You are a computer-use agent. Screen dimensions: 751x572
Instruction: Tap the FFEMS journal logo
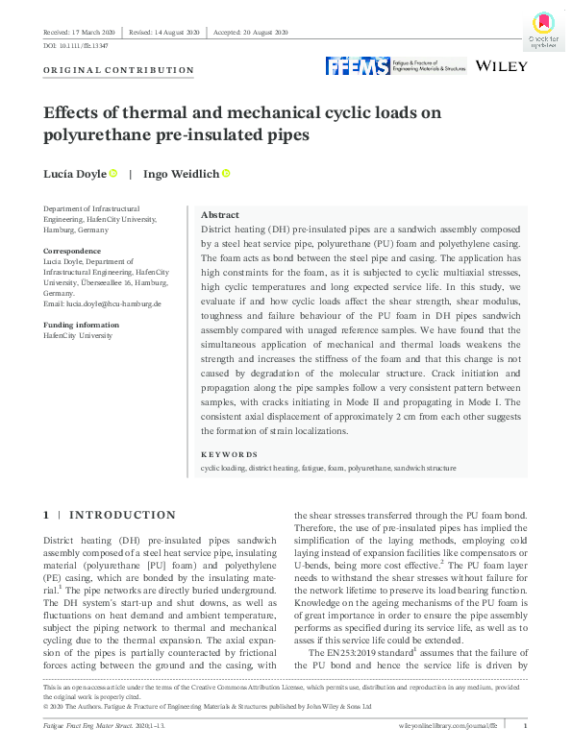point(396,65)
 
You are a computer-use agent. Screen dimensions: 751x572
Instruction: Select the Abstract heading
point(221,215)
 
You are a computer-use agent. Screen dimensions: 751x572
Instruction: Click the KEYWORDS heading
point(229,454)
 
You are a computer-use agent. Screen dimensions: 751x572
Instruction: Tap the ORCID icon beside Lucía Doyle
point(113,173)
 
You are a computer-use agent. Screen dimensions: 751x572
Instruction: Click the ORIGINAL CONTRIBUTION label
point(118,70)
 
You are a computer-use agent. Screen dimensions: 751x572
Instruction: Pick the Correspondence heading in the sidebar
point(72,251)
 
